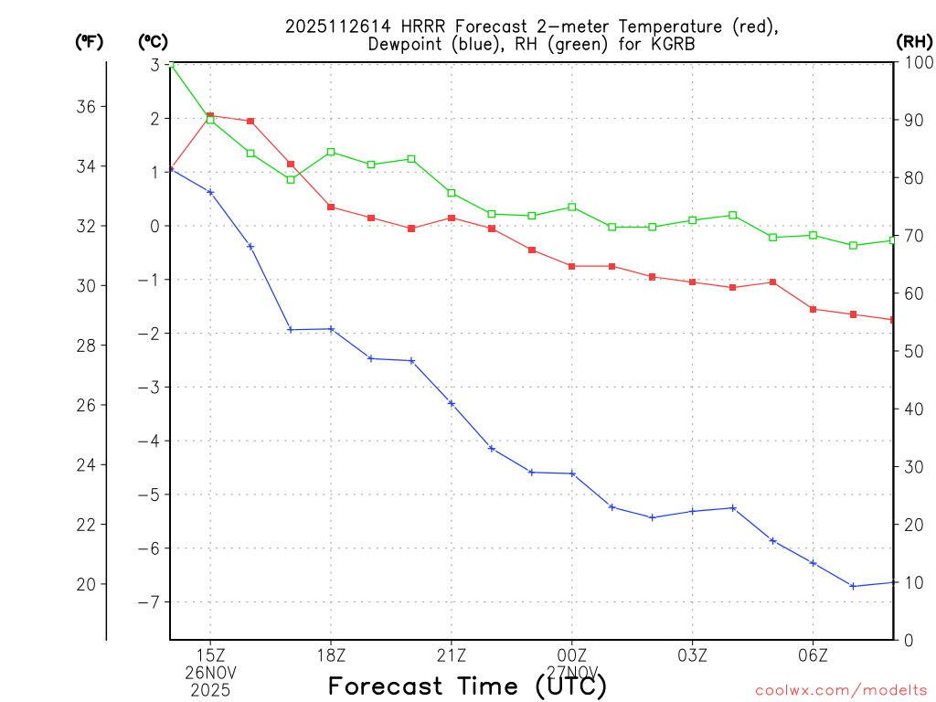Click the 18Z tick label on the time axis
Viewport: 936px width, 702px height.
click(331, 655)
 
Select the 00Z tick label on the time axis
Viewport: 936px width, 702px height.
click(572, 655)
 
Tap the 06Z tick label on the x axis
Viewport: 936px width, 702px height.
click(814, 655)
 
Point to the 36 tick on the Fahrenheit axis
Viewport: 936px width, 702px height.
click(88, 107)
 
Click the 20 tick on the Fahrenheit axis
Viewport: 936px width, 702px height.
click(88, 584)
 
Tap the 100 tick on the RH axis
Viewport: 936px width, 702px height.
click(916, 63)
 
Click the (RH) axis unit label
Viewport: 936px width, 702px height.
click(914, 41)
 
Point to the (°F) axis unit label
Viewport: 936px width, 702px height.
click(89, 41)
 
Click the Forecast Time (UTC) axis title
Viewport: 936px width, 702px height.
click(467, 686)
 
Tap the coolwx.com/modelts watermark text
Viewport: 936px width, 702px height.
click(841, 690)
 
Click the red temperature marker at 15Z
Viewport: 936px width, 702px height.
click(210, 116)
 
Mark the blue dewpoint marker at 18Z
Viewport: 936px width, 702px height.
click(331, 329)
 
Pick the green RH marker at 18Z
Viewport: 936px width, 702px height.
click(331, 152)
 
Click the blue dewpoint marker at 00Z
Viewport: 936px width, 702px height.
click(572, 473)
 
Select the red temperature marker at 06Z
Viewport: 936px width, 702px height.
click(814, 309)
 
